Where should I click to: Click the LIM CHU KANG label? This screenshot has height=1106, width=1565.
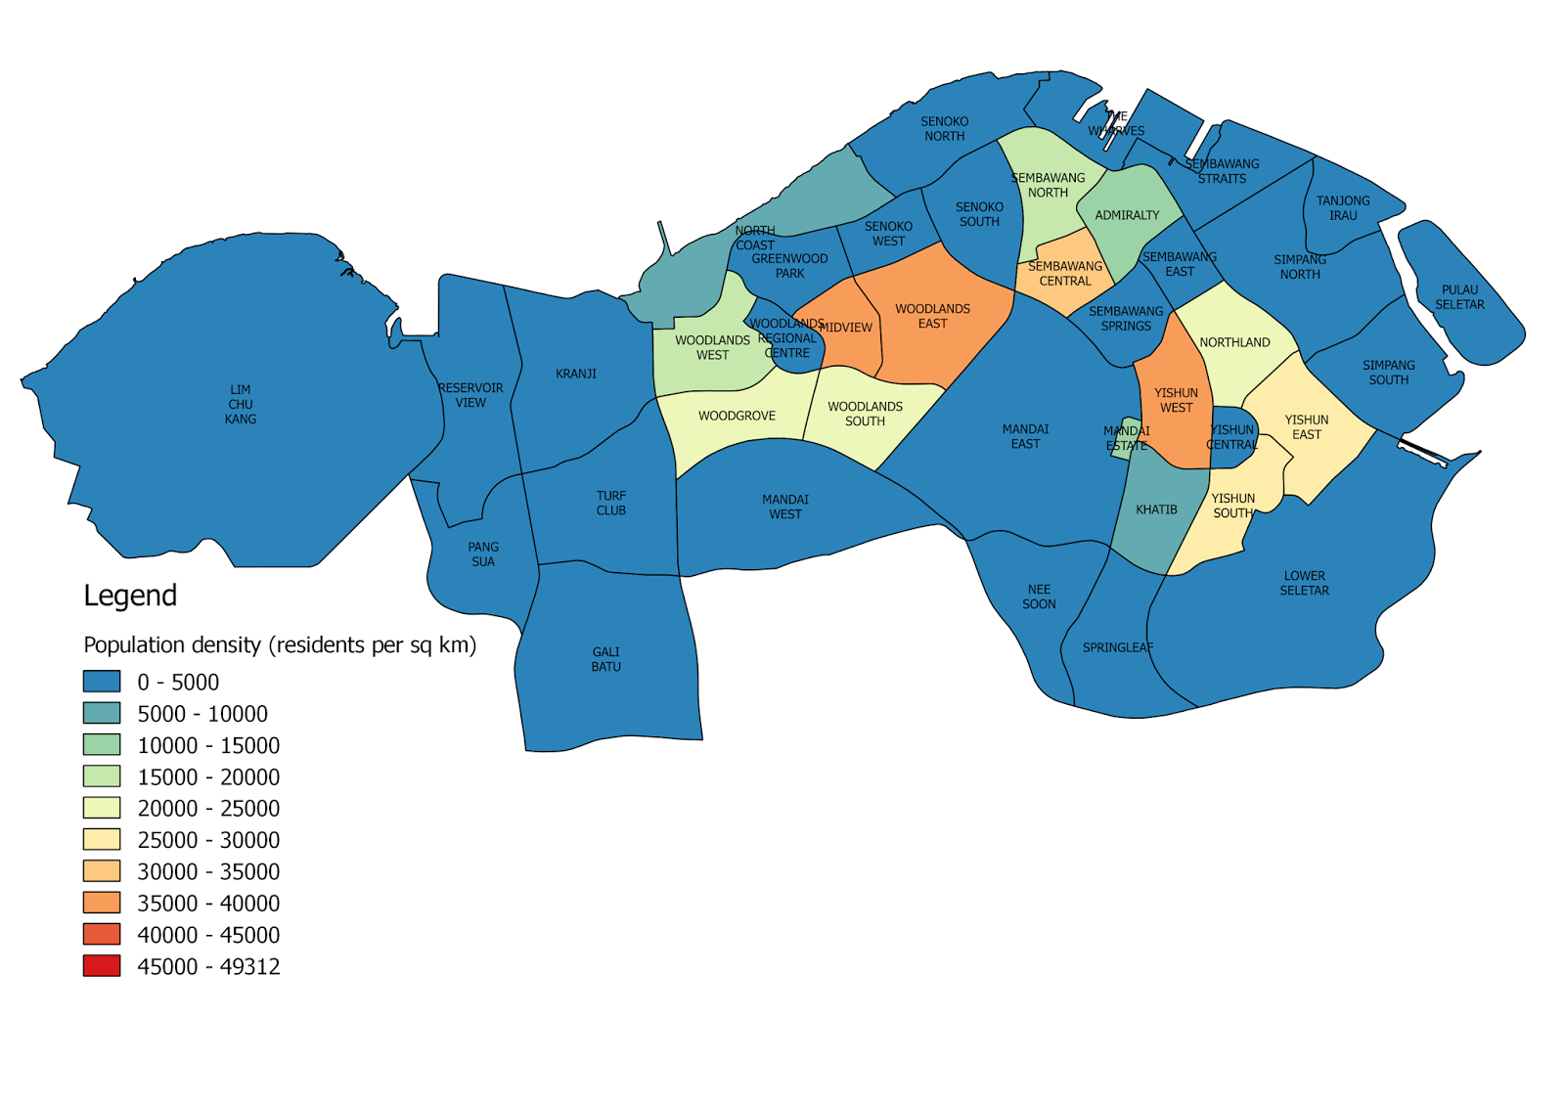(x=241, y=404)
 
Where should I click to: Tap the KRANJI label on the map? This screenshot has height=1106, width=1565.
(x=576, y=374)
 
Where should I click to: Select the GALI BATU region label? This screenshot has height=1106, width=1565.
(x=605, y=659)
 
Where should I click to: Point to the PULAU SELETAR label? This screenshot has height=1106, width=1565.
(x=1459, y=297)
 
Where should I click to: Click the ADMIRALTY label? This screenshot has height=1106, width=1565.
(x=1127, y=215)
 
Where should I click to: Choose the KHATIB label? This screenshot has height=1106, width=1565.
(x=1156, y=509)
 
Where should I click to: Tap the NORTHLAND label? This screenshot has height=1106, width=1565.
(x=1234, y=342)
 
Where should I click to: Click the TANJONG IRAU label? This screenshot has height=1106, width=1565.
(x=1343, y=208)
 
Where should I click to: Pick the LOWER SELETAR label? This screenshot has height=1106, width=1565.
(x=1304, y=583)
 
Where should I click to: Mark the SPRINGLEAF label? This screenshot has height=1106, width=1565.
(x=1118, y=647)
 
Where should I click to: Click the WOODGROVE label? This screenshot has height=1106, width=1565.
(x=737, y=416)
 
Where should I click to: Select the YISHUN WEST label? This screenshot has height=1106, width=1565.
(x=1176, y=400)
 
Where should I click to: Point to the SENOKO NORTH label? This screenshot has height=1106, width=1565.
(x=945, y=129)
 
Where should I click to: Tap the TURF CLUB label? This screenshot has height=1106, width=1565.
(x=611, y=503)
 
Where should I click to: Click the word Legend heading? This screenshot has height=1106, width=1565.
(x=130, y=596)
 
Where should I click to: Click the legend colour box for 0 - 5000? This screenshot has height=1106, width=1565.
(x=102, y=682)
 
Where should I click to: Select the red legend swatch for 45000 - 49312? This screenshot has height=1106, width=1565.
(x=102, y=966)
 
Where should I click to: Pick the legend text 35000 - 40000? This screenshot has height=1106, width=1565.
(x=208, y=904)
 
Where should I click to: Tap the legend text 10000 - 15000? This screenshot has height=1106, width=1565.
(x=208, y=745)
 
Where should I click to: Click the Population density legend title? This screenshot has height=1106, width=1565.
(x=280, y=645)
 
